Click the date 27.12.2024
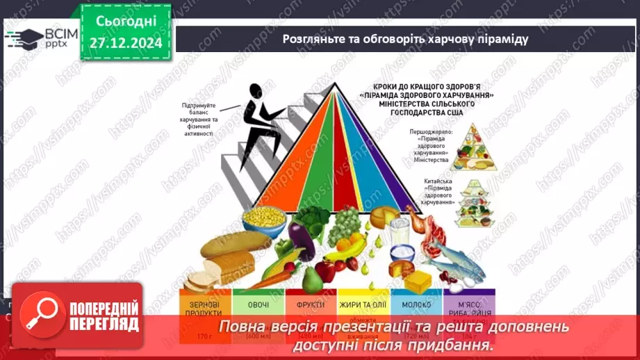pyautogui.click(x=125, y=43)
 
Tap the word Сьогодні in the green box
pyautogui.click(x=125, y=22)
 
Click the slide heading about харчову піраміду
pyautogui.click(x=406, y=39)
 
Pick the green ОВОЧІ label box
pyautogui.click(x=257, y=306)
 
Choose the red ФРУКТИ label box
pyautogui.click(x=311, y=306)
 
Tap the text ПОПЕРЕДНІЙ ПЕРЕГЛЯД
pyautogui.click(x=105, y=316)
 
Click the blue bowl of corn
pyautogui.click(x=265, y=222)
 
